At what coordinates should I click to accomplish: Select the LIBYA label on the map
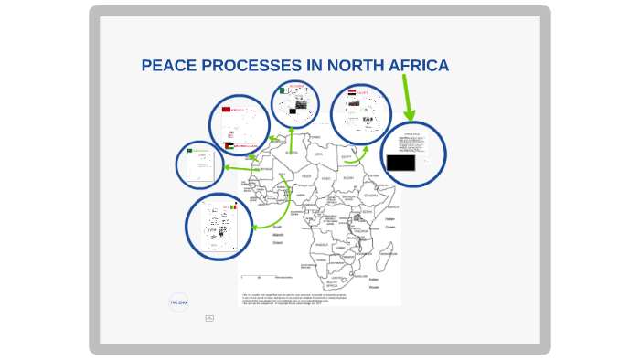(x=318, y=154)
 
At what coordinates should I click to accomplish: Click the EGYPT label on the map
(x=346, y=156)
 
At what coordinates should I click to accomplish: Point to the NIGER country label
(x=305, y=177)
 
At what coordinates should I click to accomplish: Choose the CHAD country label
(x=326, y=178)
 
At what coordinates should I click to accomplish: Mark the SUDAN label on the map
(x=348, y=179)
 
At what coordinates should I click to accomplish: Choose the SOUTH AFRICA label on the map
(x=333, y=284)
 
